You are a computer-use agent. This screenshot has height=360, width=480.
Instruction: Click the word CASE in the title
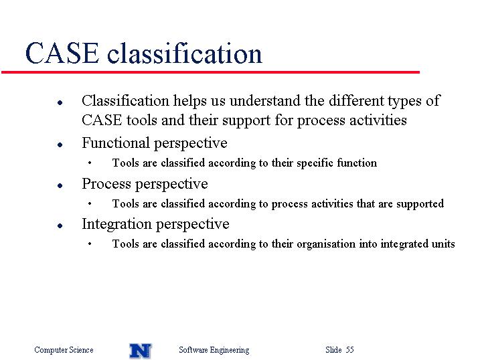pyautogui.click(x=62, y=54)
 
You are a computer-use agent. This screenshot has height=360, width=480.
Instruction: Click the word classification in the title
pyautogui.click(x=184, y=54)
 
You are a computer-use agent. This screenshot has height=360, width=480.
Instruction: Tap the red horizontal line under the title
pyautogui.click(x=210, y=72)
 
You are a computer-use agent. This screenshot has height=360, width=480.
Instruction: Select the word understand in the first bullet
pyautogui.click(x=265, y=100)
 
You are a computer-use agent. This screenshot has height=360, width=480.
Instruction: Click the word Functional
pyautogui.click(x=115, y=143)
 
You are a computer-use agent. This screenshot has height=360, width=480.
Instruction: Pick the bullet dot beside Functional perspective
pyautogui.click(x=60, y=145)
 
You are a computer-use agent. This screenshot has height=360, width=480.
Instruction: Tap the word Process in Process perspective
pyautogui.click(x=106, y=184)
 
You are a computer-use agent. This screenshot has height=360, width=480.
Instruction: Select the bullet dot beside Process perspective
pyautogui.click(x=60, y=185)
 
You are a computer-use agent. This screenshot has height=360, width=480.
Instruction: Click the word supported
pyautogui.click(x=420, y=204)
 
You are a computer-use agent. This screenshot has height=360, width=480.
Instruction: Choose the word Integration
pyautogui.click(x=117, y=224)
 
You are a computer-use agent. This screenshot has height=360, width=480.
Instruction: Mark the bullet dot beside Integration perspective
pyautogui.click(x=60, y=226)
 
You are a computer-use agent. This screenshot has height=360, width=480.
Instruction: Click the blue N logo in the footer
pyautogui.click(x=141, y=351)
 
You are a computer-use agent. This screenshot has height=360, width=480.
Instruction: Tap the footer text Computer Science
pyautogui.click(x=64, y=349)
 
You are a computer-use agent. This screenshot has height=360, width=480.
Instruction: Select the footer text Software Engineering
pyautogui.click(x=214, y=350)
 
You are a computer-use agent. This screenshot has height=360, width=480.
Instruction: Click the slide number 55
pyautogui.click(x=350, y=349)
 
